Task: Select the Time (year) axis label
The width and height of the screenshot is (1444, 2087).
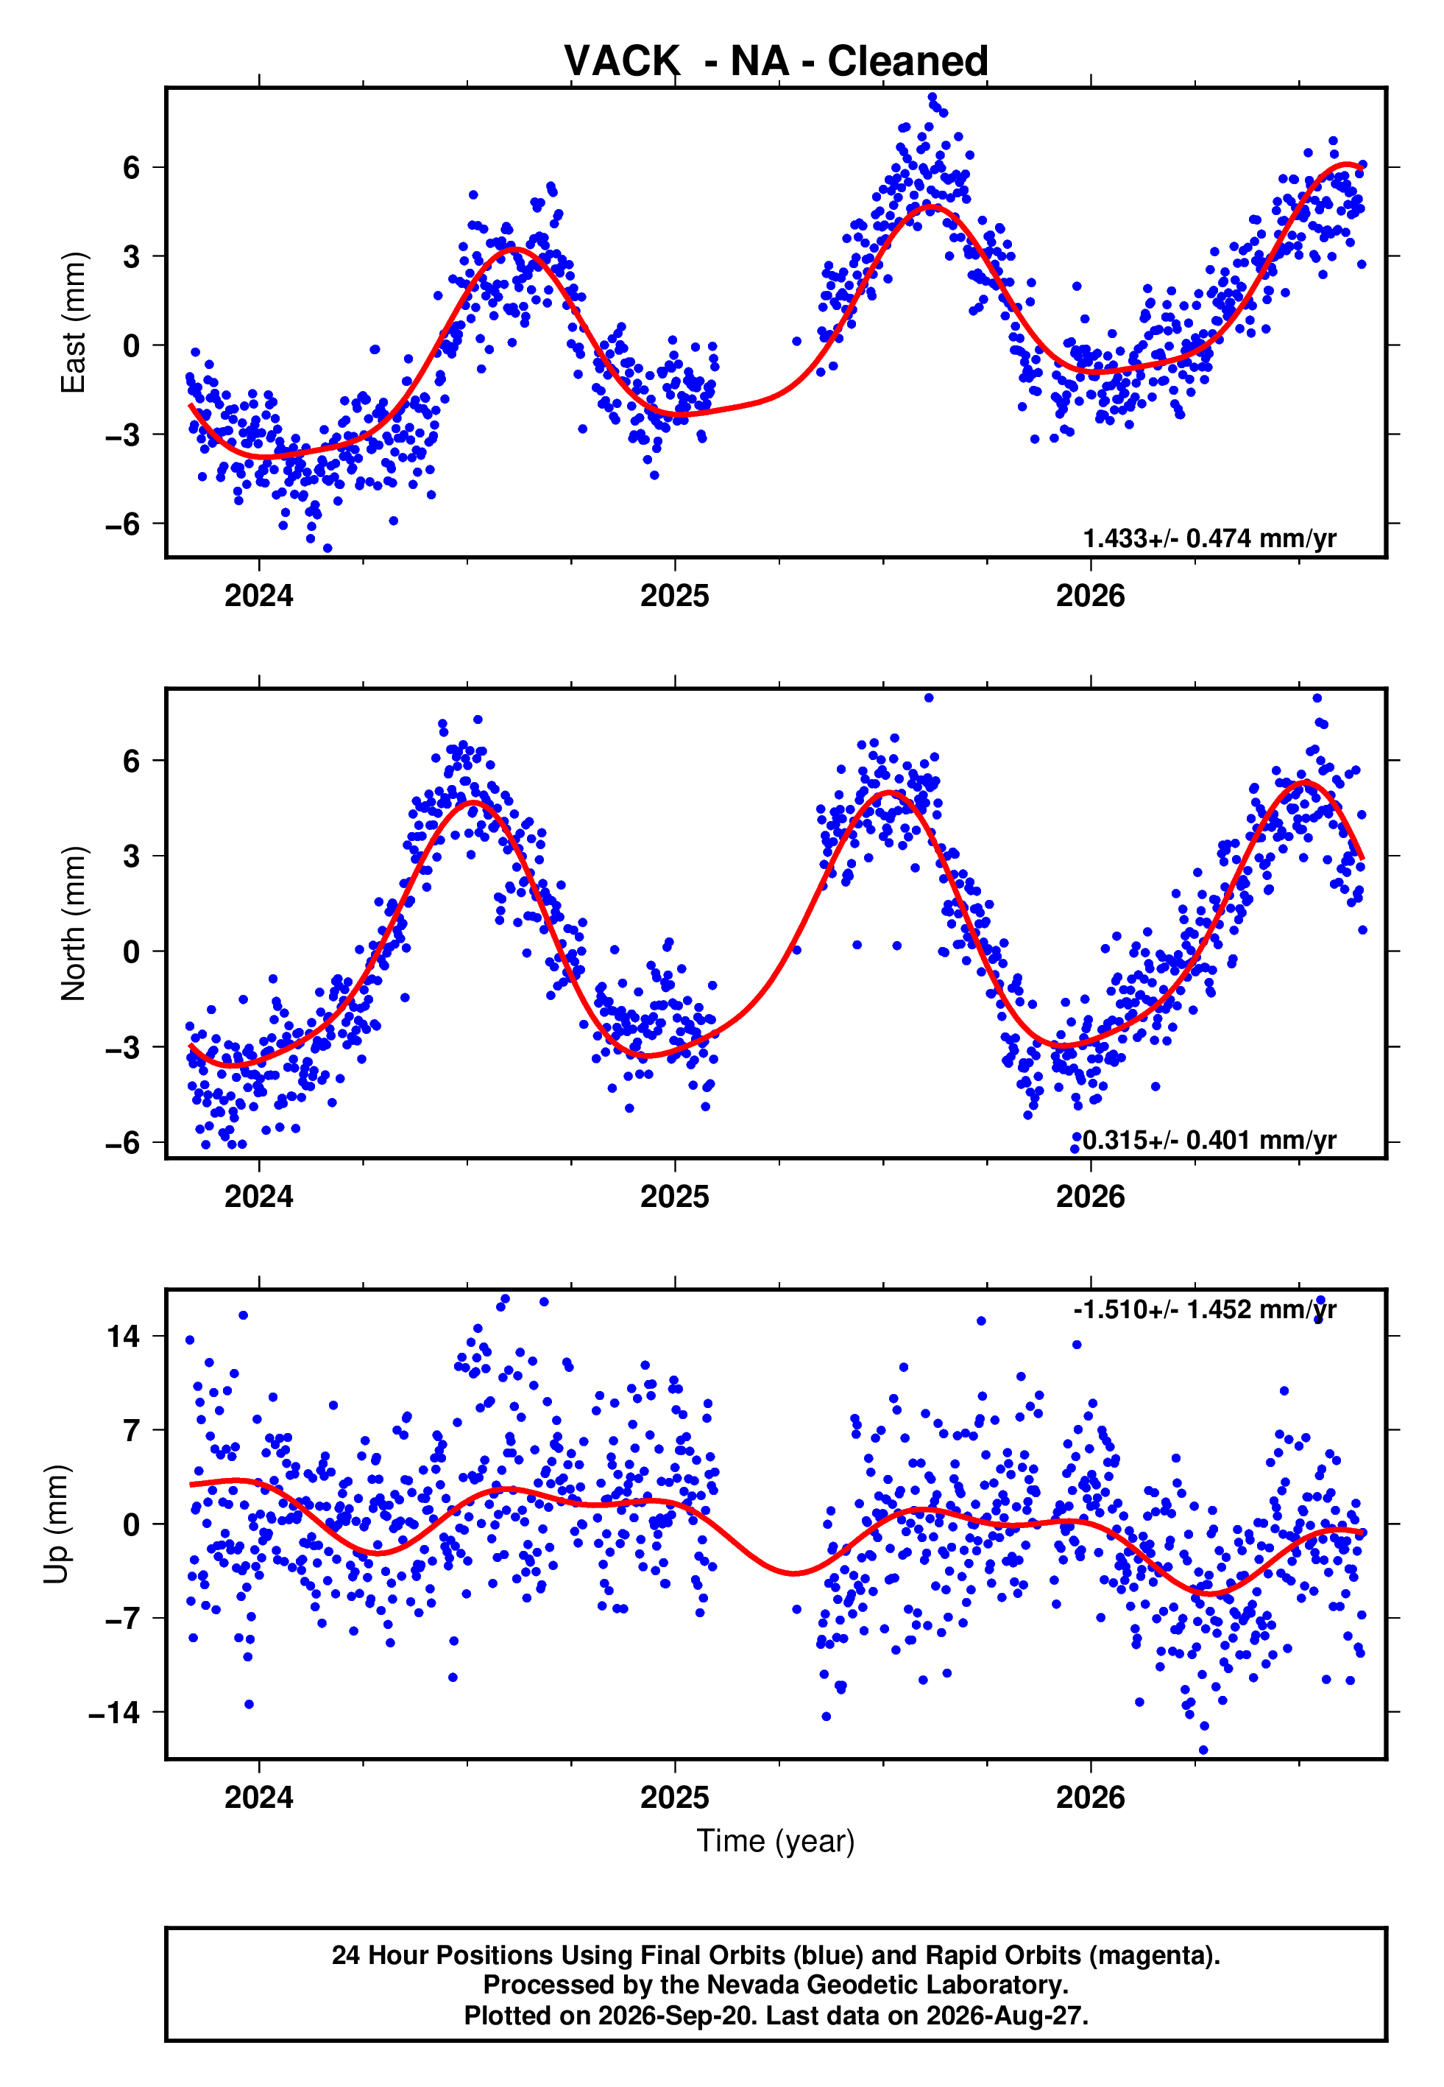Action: coord(776,1841)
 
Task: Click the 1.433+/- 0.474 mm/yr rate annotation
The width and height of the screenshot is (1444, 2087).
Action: coord(1210,538)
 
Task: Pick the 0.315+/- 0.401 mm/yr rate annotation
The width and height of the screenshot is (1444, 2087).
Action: coord(1210,1139)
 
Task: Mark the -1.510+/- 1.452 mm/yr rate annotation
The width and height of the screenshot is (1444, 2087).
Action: coord(1205,1309)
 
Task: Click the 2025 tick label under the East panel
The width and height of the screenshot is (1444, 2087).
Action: coord(675,596)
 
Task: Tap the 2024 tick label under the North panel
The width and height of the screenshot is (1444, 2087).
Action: coord(259,1197)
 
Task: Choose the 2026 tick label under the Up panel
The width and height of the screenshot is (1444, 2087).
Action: coord(1090,1798)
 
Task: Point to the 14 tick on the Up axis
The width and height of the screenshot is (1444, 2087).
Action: coord(123,1336)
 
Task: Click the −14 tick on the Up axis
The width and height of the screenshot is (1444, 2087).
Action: coord(114,1712)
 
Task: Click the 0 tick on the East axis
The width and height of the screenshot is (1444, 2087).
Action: coord(132,345)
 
